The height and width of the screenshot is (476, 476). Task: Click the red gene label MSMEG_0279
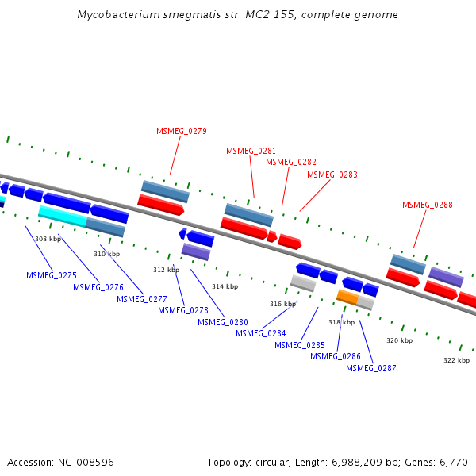point(181,131)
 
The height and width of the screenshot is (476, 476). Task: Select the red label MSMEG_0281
point(251,151)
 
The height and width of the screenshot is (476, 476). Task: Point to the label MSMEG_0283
point(332,175)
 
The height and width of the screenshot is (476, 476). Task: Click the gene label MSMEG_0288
point(427,205)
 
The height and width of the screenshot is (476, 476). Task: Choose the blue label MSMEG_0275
point(51,275)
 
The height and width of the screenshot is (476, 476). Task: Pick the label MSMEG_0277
point(141,299)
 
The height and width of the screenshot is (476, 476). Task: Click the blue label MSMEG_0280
point(222,322)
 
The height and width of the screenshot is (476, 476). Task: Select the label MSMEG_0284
point(260,333)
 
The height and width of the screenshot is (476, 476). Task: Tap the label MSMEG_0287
point(370,368)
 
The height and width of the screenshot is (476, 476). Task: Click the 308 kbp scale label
point(48,239)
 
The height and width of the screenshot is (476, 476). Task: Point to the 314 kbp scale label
point(225,286)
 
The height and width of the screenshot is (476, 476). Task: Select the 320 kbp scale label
point(399,340)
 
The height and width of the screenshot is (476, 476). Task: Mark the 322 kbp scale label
point(456,360)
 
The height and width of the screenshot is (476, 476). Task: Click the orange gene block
point(347,297)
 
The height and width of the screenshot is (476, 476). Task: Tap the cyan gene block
point(62,215)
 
